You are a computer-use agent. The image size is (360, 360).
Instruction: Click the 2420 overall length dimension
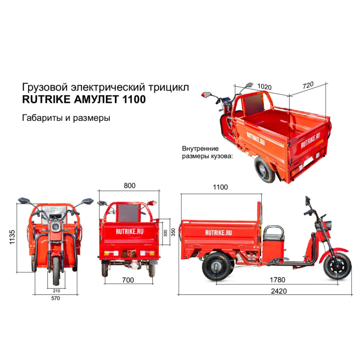coord(279,291)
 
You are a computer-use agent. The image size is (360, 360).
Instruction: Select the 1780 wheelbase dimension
coord(277,280)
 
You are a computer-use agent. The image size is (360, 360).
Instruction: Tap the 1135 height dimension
coord(12,237)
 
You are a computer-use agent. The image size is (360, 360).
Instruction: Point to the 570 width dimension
coord(55,298)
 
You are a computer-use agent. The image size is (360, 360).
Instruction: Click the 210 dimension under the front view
coord(57,291)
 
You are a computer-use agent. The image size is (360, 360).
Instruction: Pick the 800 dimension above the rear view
coord(130,185)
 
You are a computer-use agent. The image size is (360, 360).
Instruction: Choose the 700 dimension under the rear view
coord(128,280)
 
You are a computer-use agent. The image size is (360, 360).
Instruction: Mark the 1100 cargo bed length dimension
coord(220,187)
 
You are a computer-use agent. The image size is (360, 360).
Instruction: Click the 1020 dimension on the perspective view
coord(265,86)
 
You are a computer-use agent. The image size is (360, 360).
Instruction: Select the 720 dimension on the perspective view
coord(308,85)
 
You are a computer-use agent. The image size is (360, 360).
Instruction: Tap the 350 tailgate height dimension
coord(174,232)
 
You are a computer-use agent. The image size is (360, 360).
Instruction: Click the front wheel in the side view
coord(337,266)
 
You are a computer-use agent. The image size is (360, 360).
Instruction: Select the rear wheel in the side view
coord(216,266)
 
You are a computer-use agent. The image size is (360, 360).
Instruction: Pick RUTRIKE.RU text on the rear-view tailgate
coord(130,231)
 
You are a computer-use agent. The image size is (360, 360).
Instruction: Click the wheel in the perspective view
coord(265,170)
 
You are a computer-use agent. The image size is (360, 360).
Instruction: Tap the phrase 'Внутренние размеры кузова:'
coord(207,152)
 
